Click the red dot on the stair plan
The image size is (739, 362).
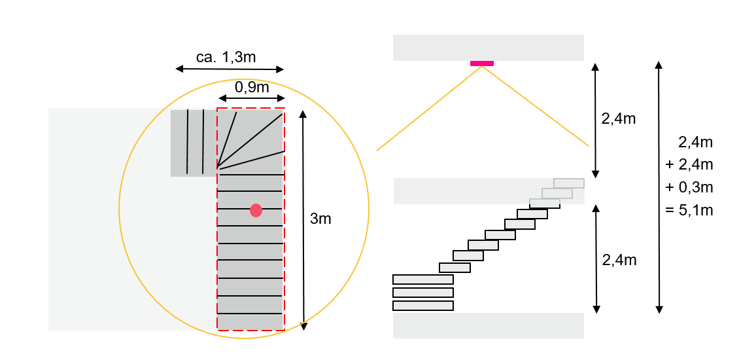256,210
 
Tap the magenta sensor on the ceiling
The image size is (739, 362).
482,63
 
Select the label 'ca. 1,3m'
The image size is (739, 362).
226,57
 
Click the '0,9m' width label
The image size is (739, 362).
251,87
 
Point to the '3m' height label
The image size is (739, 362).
320,219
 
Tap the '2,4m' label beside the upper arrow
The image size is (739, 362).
618,118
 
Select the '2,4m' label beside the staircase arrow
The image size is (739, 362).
618,260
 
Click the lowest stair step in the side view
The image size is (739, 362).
423,306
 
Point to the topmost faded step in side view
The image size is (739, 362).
568,183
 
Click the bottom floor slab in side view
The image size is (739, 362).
488,325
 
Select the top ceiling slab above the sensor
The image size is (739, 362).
488,47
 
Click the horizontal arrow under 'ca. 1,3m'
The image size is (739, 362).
230,69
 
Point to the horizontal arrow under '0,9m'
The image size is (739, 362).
251,99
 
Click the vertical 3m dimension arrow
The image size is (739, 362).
303,219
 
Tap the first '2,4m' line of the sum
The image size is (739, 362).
695,141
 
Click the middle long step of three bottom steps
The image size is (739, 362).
423,293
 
